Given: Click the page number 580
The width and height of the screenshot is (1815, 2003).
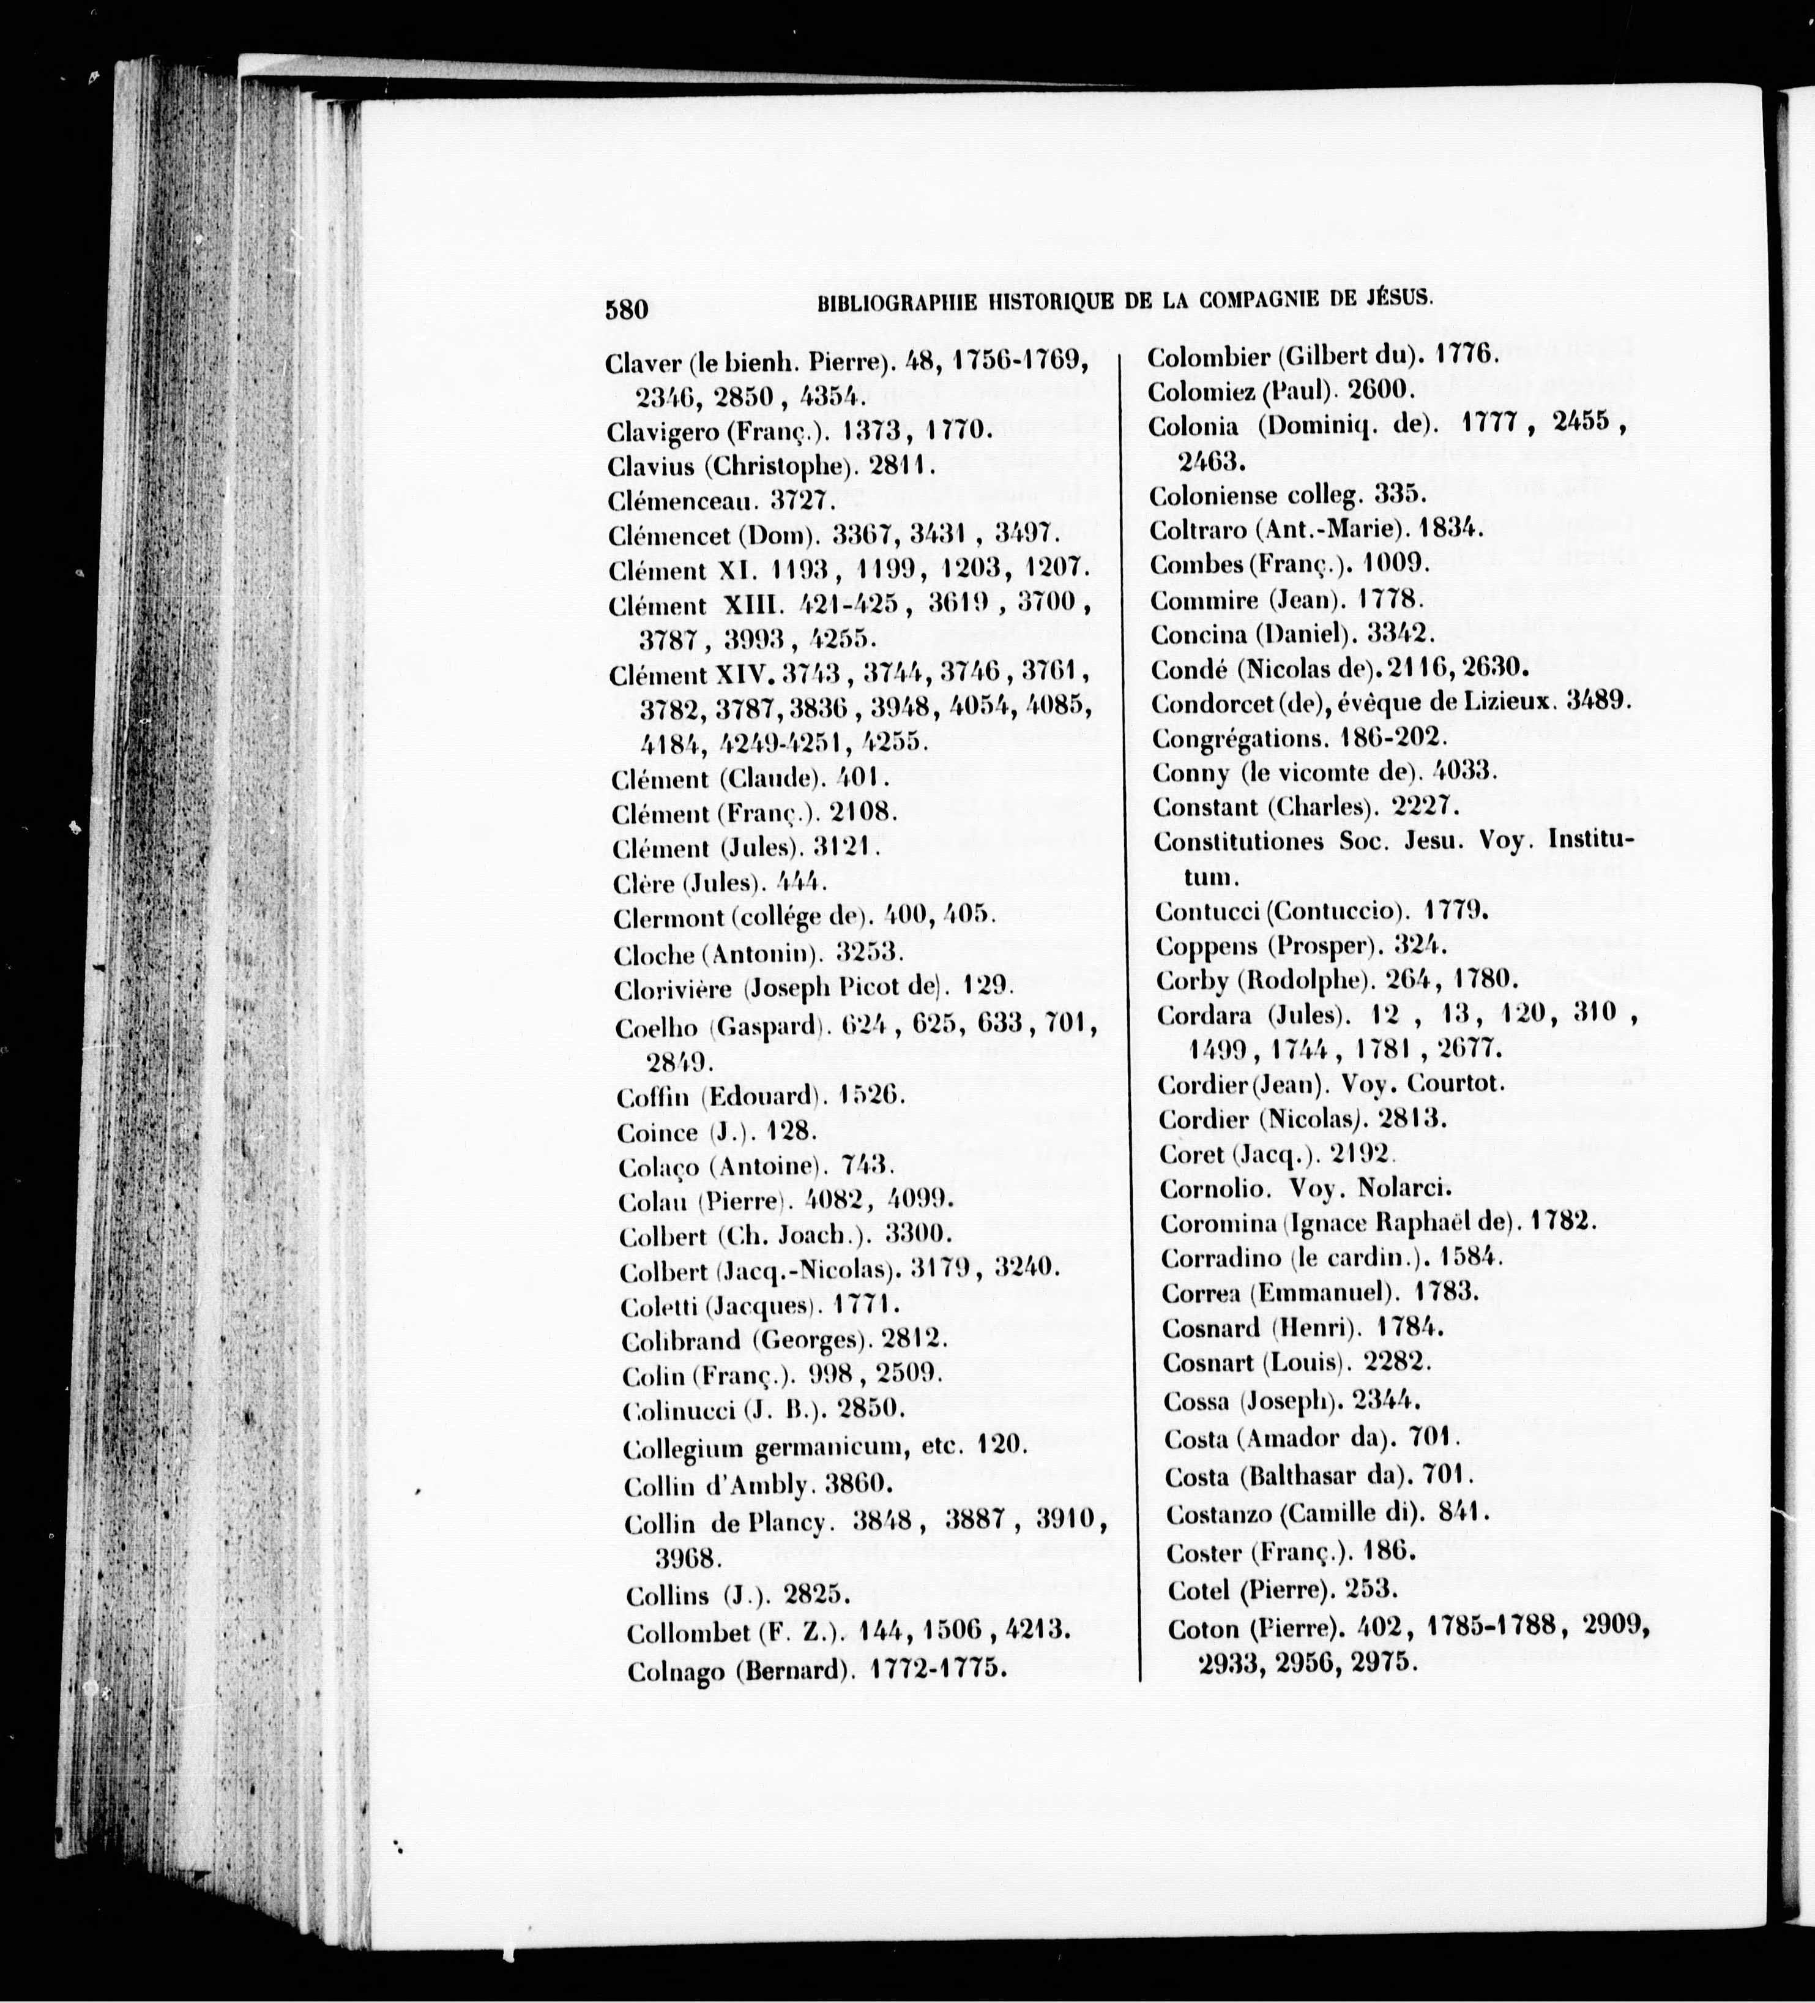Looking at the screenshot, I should pos(626,309).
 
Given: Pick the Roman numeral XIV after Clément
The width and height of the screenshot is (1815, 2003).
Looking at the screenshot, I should pos(745,676).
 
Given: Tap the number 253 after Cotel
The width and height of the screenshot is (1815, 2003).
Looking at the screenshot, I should pos(1371,1589).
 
